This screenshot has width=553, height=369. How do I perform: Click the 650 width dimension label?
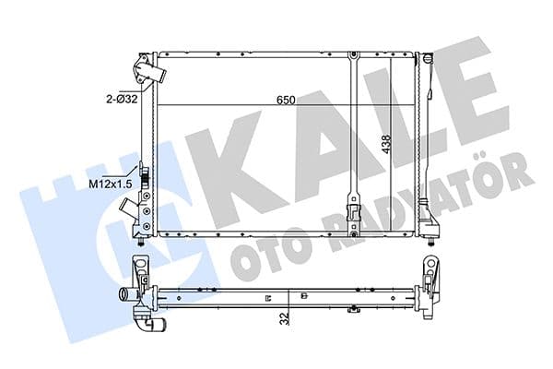click(x=286, y=101)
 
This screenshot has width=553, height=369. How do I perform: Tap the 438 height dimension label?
click(x=387, y=144)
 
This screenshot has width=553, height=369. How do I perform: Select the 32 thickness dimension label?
click(x=286, y=318)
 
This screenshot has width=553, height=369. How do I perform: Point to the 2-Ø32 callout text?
click(x=122, y=100)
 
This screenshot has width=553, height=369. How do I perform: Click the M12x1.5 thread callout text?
click(x=110, y=184)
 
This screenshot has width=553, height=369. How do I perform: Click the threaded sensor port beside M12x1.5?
click(x=145, y=175)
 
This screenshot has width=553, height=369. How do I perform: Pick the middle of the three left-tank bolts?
click(x=147, y=211)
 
